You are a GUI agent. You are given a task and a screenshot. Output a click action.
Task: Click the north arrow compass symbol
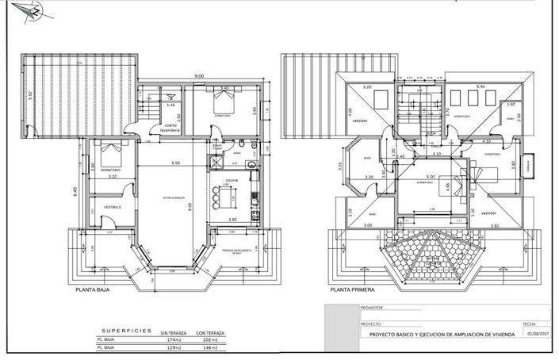tap(33, 12)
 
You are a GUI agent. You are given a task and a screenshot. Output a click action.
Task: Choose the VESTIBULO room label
tap(110, 208)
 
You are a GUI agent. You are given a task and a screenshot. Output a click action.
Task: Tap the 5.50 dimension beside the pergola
tap(29, 94)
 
